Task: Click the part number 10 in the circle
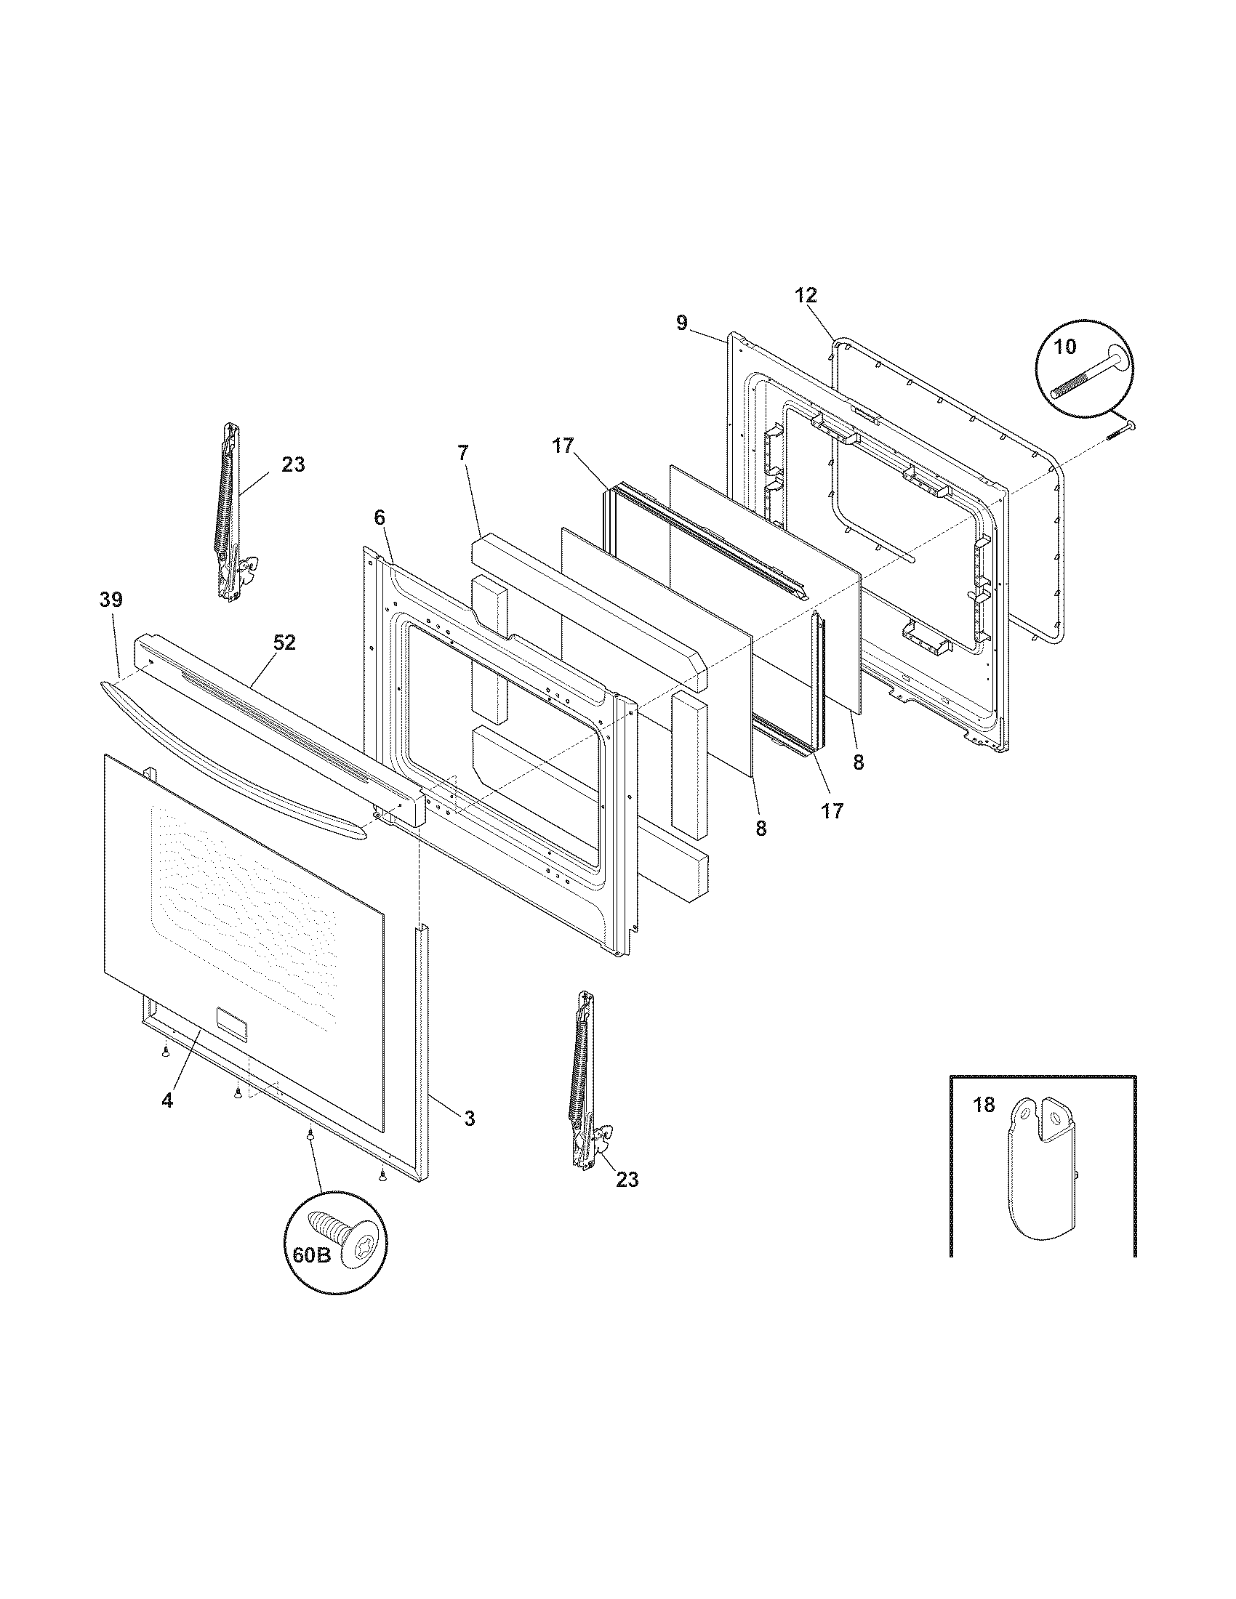pyautogui.click(x=1064, y=346)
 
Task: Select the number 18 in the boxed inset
pyautogui.click(x=984, y=1105)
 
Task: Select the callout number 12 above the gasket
pyautogui.click(x=806, y=296)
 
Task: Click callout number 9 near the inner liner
pyautogui.click(x=681, y=323)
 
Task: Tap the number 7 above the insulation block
pyautogui.click(x=462, y=453)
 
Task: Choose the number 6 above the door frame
pyautogui.click(x=379, y=517)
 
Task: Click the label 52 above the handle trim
pyautogui.click(x=284, y=642)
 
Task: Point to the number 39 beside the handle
pyautogui.click(x=111, y=600)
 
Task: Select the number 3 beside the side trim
pyautogui.click(x=470, y=1118)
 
